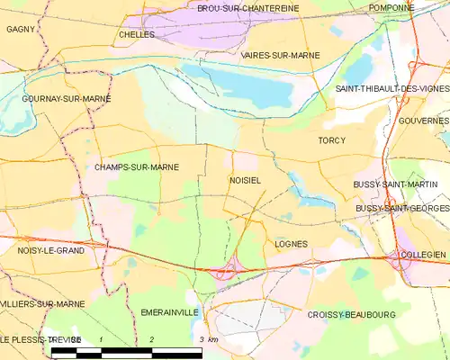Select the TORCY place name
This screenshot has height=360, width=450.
331,140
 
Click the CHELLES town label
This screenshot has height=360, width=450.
136,34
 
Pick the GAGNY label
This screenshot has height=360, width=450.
20,29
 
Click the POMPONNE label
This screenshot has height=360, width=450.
391,7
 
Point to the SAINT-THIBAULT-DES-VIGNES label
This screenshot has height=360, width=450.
391,89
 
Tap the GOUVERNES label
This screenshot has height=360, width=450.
422,121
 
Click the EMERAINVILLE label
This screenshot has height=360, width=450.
169,312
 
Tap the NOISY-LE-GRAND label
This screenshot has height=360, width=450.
51,251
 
